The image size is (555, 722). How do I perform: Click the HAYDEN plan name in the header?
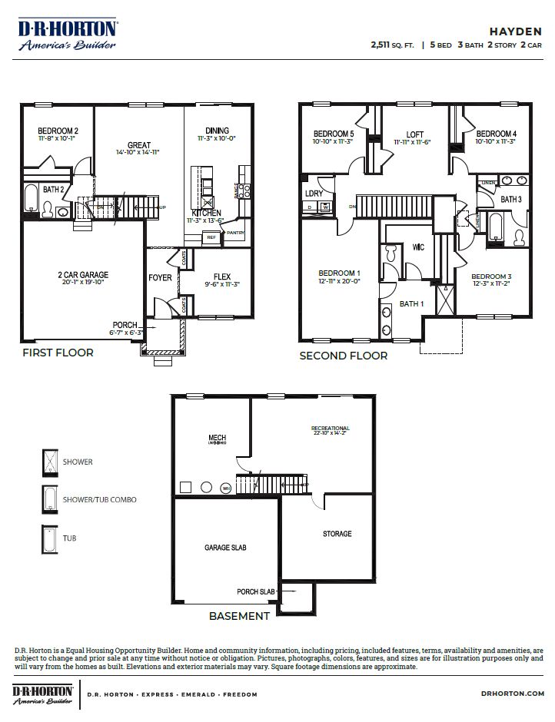(517, 31)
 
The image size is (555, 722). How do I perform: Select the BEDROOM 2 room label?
(58, 131)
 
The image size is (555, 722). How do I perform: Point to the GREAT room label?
(139, 145)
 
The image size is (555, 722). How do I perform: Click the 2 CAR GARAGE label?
(82, 274)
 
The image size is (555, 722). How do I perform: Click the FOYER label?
(160, 277)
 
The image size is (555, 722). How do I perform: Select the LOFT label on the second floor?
(414, 134)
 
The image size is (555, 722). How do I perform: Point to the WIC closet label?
(418, 247)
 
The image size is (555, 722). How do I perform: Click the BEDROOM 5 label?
(333, 133)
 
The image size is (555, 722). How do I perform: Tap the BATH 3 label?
(511, 200)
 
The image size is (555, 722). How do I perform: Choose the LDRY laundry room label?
(314, 194)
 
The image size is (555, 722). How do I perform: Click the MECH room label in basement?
(217, 439)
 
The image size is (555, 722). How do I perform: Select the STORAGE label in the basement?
(337, 534)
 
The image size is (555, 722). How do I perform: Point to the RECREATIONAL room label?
(330, 428)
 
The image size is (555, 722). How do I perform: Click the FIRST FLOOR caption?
(58, 353)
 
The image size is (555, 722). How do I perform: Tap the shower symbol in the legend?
(49, 462)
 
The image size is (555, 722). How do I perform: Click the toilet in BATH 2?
(46, 209)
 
